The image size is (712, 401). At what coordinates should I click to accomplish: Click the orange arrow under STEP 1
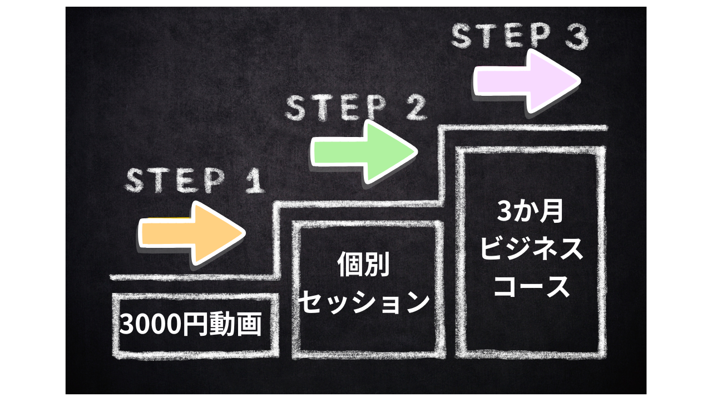coord(189,233)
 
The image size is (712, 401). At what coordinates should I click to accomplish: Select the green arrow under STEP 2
coord(362,151)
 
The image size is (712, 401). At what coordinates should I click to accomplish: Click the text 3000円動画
coord(190,324)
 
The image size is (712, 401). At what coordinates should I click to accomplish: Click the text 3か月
coord(531,213)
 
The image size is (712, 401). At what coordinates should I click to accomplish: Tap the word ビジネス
coord(531,249)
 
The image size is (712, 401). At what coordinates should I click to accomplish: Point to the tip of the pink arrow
coord(578,80)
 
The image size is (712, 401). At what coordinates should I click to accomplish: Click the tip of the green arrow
coord(416,151)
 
